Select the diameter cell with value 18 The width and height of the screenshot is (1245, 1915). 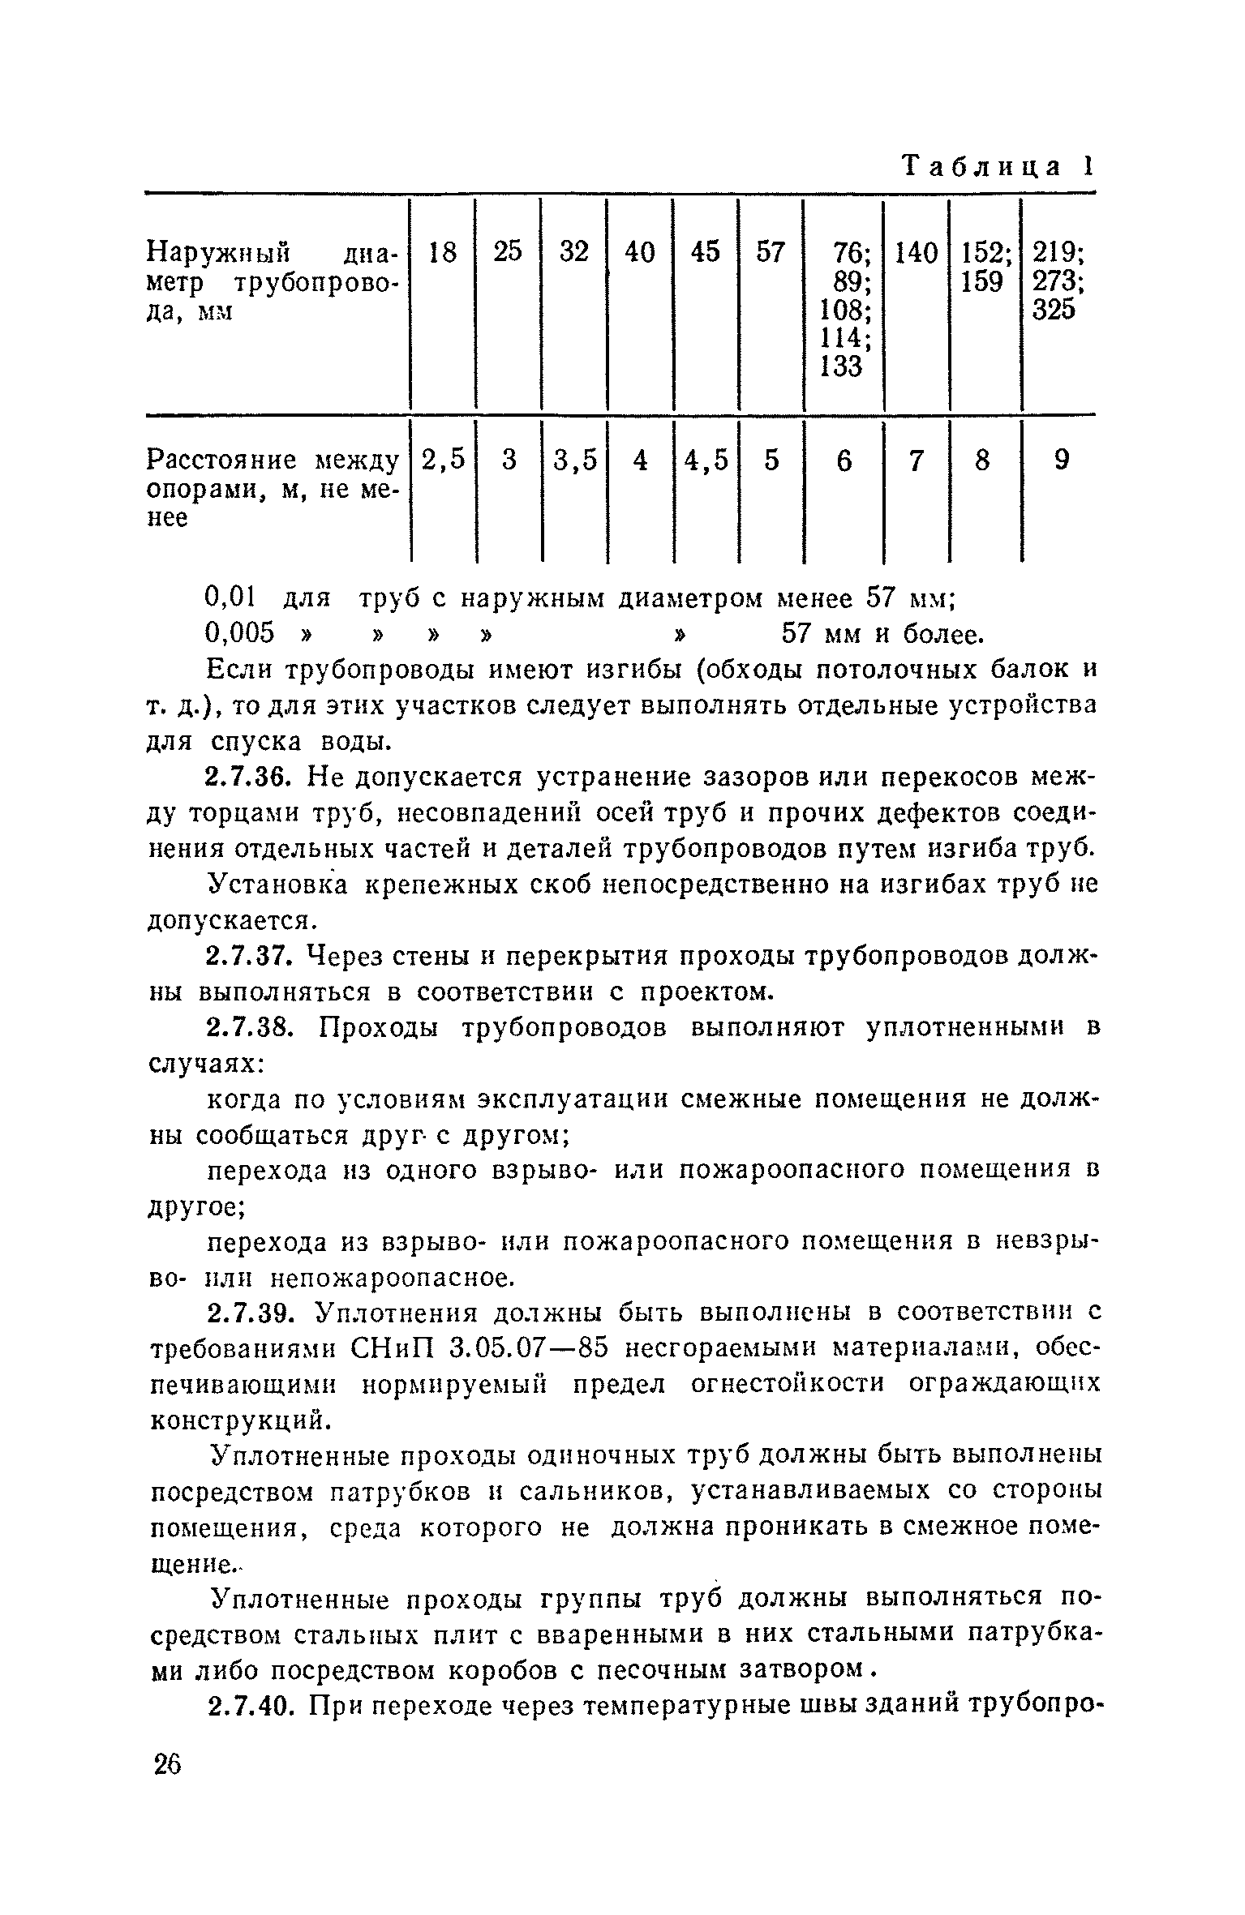pos(443,253)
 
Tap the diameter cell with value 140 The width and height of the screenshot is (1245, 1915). pos(917,253)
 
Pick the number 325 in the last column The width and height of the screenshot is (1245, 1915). pos(1054,310)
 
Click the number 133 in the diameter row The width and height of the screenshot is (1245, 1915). pos(840,366)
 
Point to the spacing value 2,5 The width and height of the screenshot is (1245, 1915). pos(444,461)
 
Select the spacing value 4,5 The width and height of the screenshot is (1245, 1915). pos(706,461)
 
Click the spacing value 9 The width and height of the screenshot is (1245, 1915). pos(1061,461)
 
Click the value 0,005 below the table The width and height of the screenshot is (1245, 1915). pos(241,634)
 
